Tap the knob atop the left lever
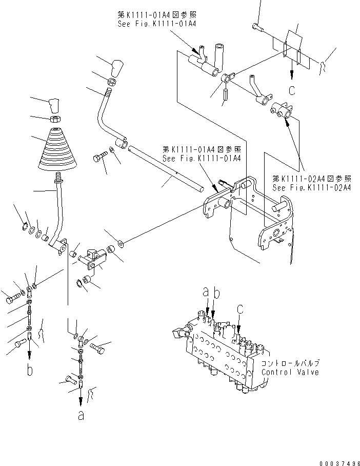click(x=54, y=105)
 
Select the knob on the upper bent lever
click(x=117, y=67)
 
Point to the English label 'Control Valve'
click(x=290, y=372)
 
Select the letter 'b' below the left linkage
click(x=30, y=370)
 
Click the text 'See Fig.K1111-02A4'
click(x=312, y=188)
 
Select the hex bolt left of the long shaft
click(x=101, y=156)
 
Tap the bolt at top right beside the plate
click(x=257, y=27)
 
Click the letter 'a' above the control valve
click(x=206, y=292)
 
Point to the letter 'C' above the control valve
click(x=239, y=309)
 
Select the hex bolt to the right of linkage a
click(x=99, y=348)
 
